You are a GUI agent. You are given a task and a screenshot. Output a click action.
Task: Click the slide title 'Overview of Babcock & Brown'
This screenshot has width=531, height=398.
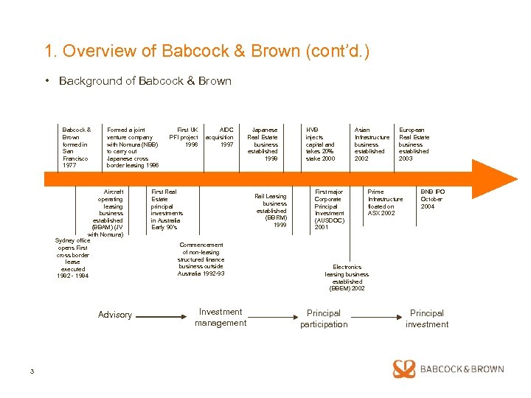point(206,52)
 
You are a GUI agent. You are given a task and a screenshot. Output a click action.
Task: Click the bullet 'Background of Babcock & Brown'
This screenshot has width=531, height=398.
point(145,81)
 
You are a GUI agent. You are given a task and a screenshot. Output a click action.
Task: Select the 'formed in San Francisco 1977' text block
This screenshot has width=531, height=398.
point(76,147)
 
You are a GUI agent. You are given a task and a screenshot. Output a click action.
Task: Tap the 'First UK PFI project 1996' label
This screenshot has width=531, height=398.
point(184,137)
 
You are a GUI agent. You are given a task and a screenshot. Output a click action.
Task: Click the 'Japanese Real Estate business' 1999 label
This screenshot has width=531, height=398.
point(263,144)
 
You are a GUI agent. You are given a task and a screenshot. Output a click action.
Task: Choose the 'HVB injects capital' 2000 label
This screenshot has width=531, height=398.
point(320,144)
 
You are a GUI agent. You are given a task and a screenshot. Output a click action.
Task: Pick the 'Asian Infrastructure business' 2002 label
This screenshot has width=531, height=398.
point(372,144)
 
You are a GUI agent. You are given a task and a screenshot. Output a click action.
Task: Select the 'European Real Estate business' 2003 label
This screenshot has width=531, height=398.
point(414,144)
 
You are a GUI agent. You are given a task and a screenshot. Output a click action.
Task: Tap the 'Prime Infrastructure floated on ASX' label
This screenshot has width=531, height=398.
point(385,203)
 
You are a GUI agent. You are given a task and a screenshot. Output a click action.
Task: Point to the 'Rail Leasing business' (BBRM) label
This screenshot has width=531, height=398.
point(271,210)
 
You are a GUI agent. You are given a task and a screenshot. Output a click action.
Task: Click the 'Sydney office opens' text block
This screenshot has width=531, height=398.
point(72,258)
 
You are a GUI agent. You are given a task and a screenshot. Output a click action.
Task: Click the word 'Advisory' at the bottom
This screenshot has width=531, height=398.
point(115,315)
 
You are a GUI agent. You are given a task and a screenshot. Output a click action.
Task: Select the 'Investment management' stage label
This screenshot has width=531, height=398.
point(221,318)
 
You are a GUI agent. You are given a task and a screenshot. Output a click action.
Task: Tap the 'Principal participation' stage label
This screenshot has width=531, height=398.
point(323,318)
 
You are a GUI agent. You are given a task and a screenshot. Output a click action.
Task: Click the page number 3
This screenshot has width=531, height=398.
point(32,371)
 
